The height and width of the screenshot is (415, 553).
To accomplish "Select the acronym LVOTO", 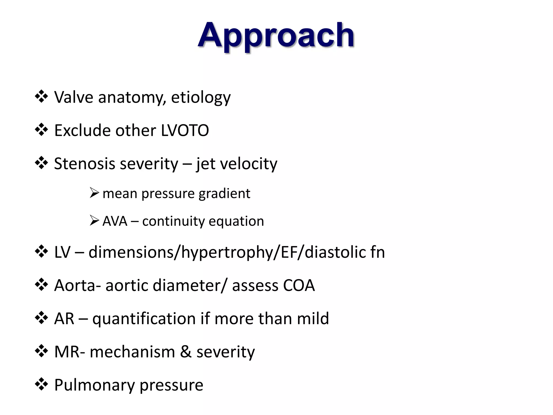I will click(x=185, y=130).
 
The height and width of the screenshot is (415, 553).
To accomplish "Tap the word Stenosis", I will click(x=85, y=164).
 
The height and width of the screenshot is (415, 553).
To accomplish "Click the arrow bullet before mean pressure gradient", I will click(x=94, y=193).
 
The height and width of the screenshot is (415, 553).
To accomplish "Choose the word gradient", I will click(x=224, y=194).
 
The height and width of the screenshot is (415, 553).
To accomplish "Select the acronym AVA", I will click(x=115, y=221).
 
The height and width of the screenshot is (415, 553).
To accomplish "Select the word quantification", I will click(x=144, y=319).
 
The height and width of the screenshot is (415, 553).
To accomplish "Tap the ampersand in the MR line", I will click(x=186, y=352).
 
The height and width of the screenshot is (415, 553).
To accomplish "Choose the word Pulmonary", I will click(x=94, y=385).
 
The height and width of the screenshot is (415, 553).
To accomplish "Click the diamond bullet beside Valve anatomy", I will click(x=41, y=97).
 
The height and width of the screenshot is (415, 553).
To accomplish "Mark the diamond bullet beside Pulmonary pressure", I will click(x=41, y=384).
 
